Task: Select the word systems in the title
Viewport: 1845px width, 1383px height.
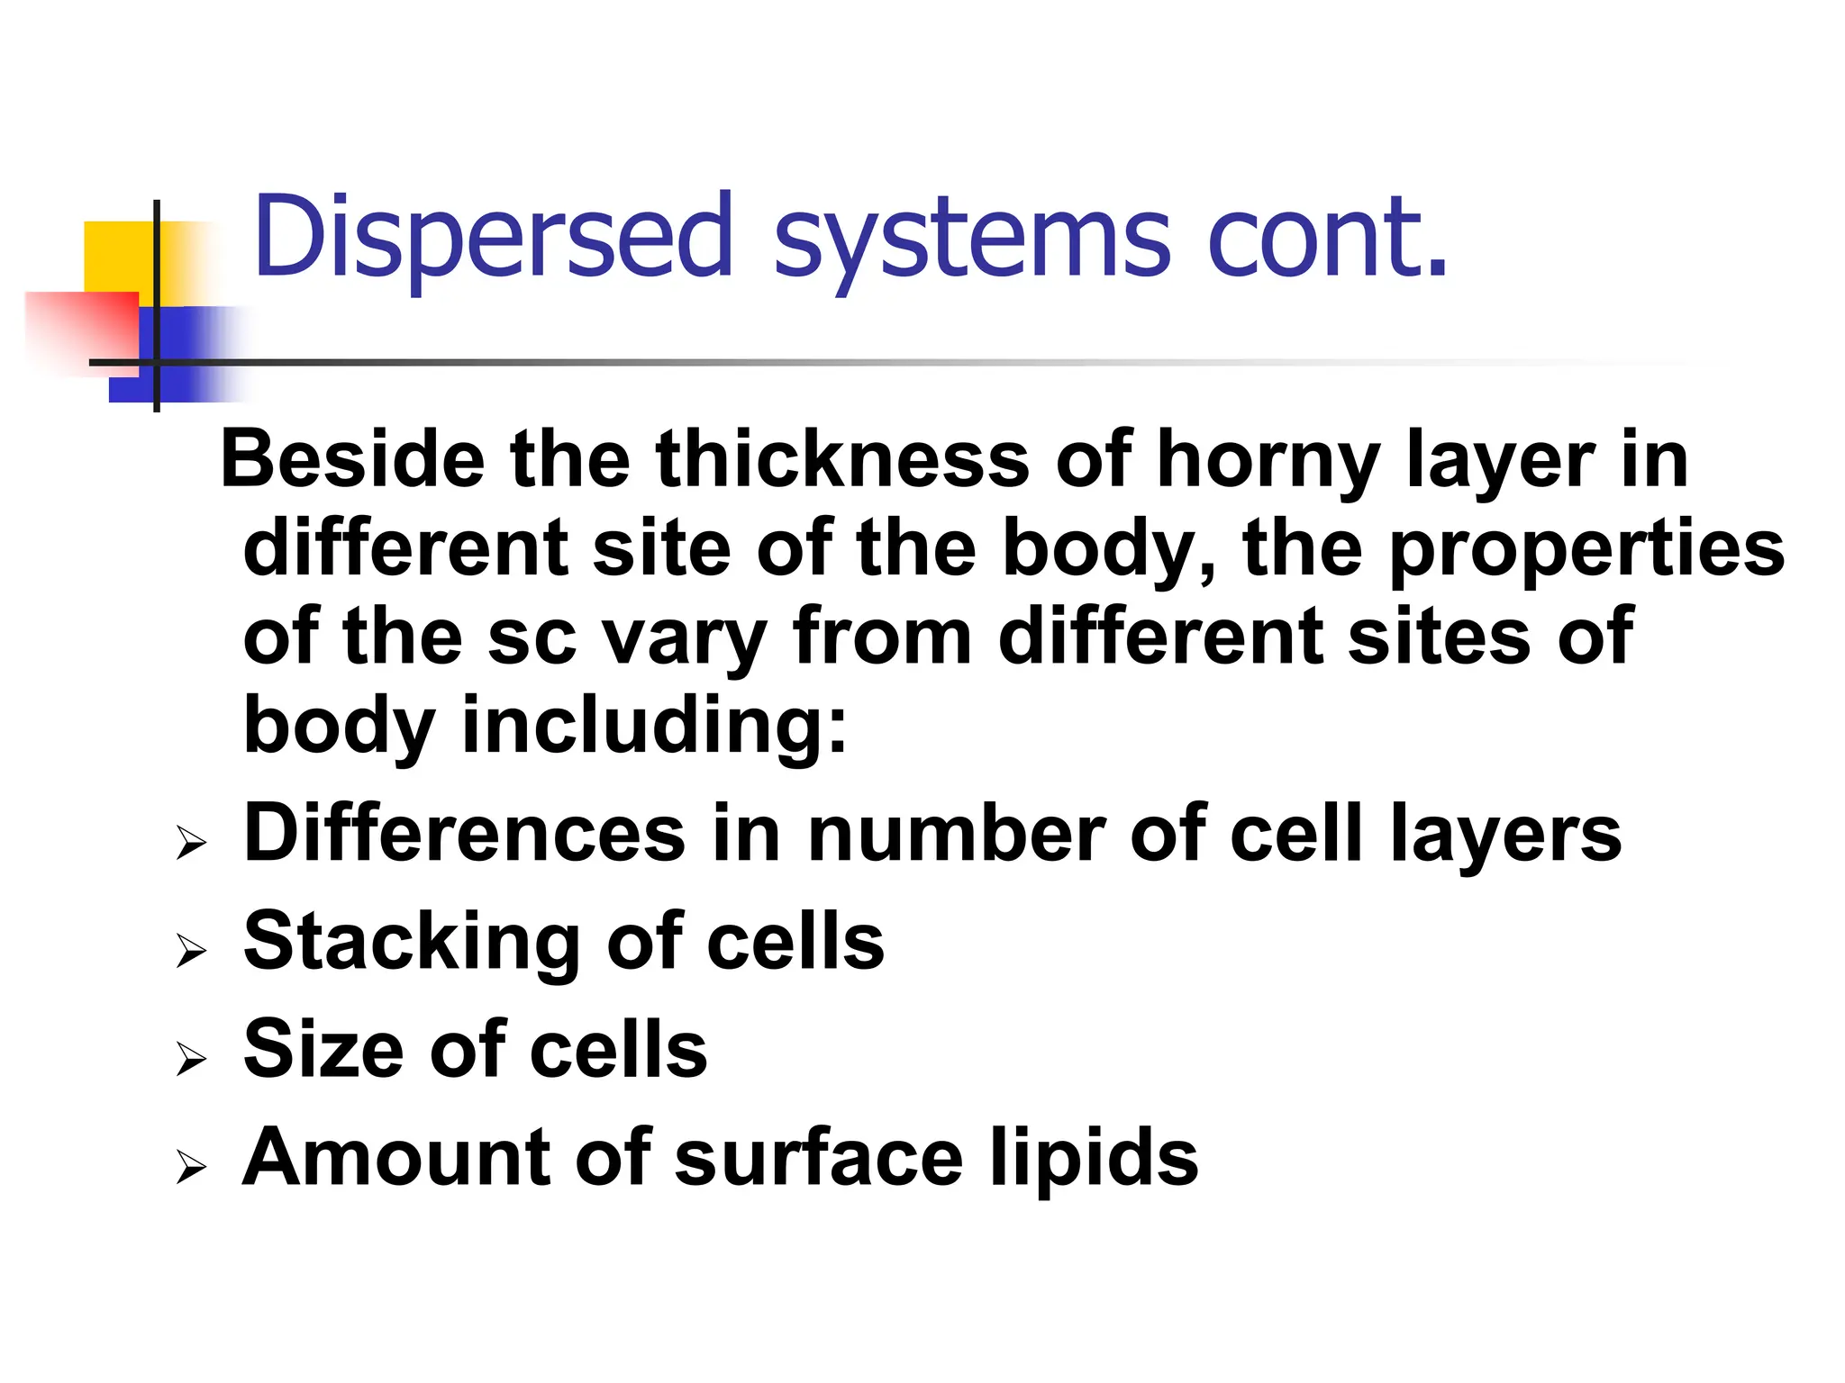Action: click(x=973, y=241)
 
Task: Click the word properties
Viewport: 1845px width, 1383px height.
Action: click(x=1586, y=551)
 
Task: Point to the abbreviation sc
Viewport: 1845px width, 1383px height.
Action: click(x=532, y=639)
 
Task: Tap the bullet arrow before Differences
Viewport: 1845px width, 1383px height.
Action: click(x=192, y=843)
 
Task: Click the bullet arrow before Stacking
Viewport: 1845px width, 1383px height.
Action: click(x=192, y=950)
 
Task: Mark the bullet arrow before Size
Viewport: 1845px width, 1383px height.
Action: click(x=192, y=1058)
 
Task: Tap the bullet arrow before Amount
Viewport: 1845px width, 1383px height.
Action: click(x=192, y=1166)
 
